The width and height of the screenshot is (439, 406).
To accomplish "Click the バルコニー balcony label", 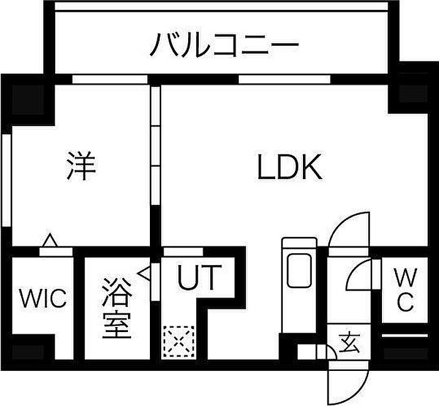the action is [x=225, y=44].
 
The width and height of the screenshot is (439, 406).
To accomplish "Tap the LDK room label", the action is [x=290, y=167].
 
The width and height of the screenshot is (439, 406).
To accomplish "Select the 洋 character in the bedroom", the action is [x=81, y=165].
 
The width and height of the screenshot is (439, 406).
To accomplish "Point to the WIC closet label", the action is [x=43, y=298].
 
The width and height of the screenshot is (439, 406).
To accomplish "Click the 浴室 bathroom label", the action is [x=117, y=308].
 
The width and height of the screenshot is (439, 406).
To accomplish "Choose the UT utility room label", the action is [x=199, y=278].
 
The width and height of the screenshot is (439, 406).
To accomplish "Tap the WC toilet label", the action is [x=406, y=289].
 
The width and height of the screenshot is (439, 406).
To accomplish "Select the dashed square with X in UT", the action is [x=179, y=341].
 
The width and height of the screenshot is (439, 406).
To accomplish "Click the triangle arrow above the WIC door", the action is [x=50, y=240].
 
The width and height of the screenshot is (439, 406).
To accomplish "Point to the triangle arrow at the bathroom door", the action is [x=144, y=273].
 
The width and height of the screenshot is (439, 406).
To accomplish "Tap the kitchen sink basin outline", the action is [x=299, y=271].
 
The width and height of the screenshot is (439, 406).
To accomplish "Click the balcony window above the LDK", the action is [x=285, y=80].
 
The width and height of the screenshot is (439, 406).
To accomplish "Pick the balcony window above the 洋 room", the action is [x=110, y=80].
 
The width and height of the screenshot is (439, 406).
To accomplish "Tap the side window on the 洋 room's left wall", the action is [x=6, y=180].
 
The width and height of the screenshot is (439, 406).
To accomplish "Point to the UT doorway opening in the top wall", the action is [x=183, y=251].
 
